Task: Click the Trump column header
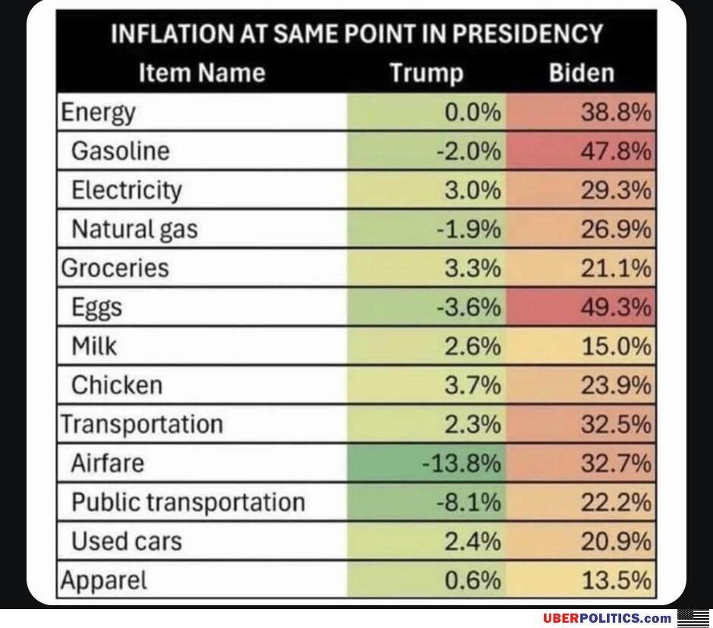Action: [426, 73]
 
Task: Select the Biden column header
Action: [581, 73]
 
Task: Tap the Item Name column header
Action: [202, 73]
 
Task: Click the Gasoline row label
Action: [121, 151]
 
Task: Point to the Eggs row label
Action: [96, 307]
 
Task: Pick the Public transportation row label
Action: [188, 502]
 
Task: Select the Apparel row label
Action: [104, 581]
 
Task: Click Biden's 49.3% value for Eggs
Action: [616, 307]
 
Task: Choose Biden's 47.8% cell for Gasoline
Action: [616, 151]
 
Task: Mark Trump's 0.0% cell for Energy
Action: [473, 112]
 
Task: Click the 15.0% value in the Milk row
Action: [616, 347]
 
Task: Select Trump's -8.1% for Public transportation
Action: [469, 502]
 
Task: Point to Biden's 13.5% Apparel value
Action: [616, 581]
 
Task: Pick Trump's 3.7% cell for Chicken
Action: [473, 385]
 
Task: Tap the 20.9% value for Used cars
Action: [616, 542]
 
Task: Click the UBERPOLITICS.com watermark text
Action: [607, 618]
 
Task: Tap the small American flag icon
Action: [693, 617]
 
